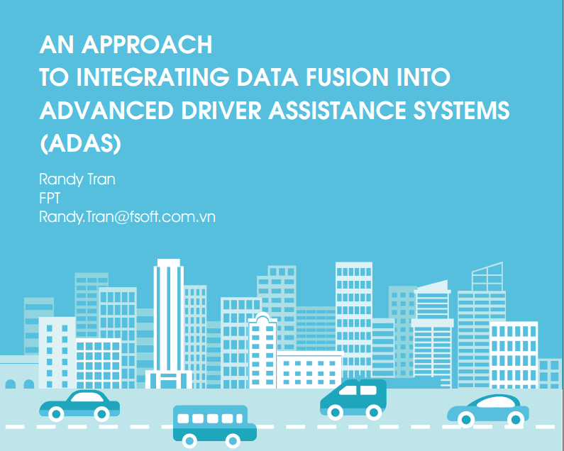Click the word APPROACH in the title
pos(147,45)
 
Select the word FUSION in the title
pos(347,77)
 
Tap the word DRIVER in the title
pos(221,110)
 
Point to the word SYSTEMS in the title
pos(461,110)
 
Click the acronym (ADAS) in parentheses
pos(80,143)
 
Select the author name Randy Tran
pos(77,179)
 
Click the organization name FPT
pos(50,198)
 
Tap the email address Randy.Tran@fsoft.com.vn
pos(127,217)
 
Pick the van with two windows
pos(353,399)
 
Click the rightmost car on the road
pos(488,410)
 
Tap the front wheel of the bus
pos(233,440)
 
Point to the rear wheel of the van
pos(373,413)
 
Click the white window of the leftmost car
pos(87,397)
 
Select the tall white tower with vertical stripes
pos(169,323)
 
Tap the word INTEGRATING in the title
pos(153,77)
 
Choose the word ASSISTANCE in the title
pos(337,110)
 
